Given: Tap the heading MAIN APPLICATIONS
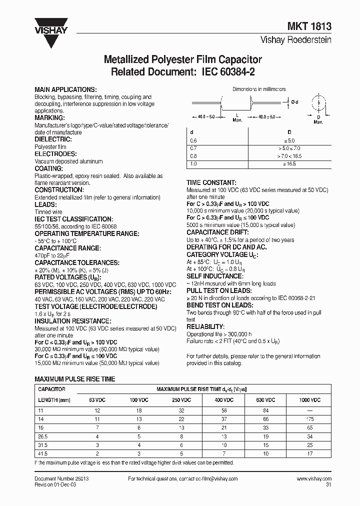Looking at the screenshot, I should coord(65,89).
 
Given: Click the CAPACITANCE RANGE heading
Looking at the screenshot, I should coord(67,248).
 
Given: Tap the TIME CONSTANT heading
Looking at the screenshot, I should coord(211,183).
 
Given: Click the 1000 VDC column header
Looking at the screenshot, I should coord(311,400).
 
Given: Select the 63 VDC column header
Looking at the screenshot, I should coord(98,400).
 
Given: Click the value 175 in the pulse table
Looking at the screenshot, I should coord(311,419).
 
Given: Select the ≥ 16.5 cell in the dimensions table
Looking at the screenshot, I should coord(290,163).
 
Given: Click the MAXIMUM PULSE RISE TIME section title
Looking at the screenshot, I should coord(74,379).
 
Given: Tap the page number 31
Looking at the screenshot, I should coord(328,484).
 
